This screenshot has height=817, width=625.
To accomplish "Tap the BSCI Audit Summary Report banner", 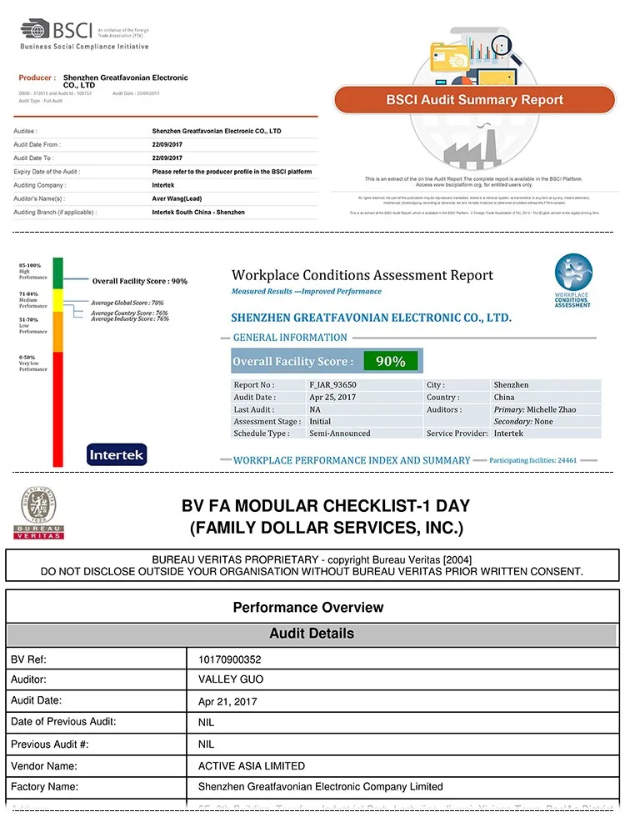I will tap(474, 100).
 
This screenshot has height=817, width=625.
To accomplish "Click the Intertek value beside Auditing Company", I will tap(164, 185).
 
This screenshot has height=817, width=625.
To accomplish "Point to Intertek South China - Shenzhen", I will tap(198, 213).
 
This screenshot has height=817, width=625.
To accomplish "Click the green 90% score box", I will tap(390, 361).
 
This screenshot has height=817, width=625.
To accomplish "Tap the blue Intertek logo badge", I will tap(117, 455).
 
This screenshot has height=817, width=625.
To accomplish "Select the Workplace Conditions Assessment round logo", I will tap(573, 275).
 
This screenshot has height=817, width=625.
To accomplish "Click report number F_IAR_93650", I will tap(332, 385).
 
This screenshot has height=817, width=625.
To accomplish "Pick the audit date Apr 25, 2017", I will tap(332, 398).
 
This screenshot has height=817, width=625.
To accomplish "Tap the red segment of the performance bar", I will tap(57, 408).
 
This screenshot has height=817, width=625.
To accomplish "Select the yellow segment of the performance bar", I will tap(57, 299).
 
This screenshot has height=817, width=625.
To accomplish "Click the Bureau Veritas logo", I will tap(38, 514).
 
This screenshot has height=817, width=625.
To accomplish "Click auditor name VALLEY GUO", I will tap(230, 680).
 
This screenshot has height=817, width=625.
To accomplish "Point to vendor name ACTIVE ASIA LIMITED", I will tap(251, 765).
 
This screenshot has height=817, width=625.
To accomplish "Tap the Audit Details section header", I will tap(312, 634).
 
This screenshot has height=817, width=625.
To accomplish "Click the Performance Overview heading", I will tap(308, 607).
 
